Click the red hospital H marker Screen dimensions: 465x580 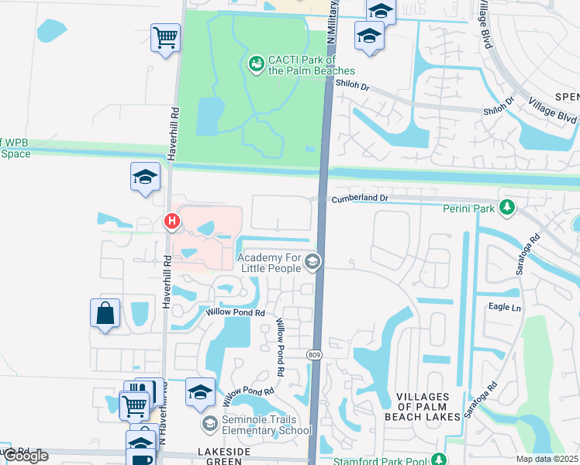(172, 222)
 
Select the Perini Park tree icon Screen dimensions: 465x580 (508, 208)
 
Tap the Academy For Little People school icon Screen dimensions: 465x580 (312, 262)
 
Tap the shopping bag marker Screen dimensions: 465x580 (105, 315)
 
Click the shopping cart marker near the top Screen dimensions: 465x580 (166, 37)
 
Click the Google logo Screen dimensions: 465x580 (26, 456)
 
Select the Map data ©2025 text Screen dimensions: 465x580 (547, 459)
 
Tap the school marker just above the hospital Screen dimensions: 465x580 (145, 177)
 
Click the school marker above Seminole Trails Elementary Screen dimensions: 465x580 (200, 392)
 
